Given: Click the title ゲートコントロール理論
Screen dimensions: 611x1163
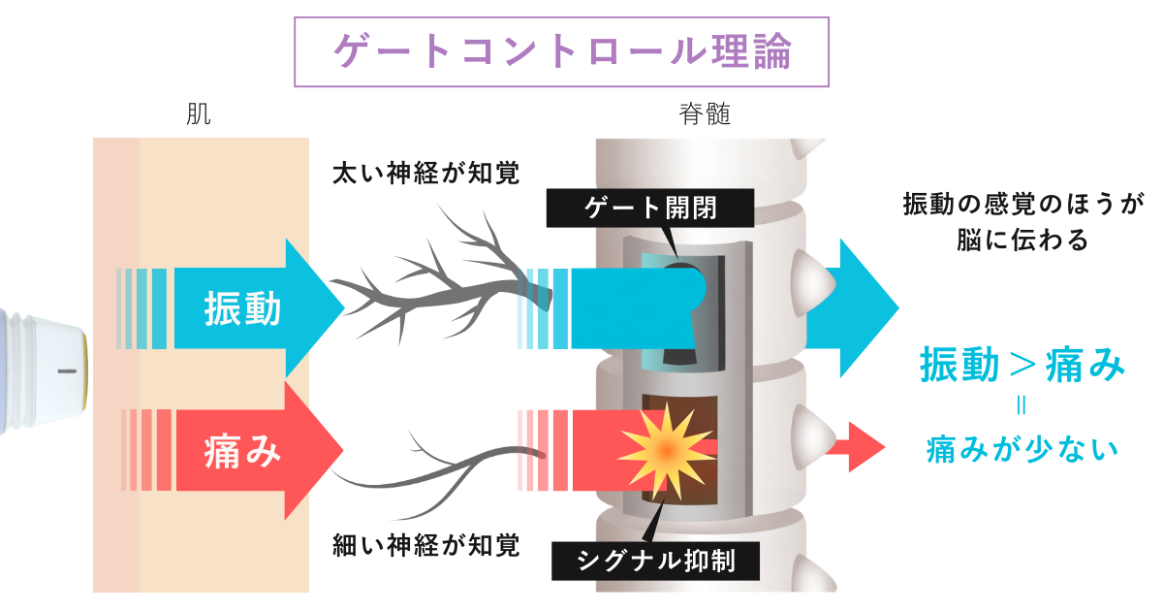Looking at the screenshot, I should (x=561, y=50).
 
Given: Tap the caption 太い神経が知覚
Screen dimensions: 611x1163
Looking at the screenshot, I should (x=425, y=174).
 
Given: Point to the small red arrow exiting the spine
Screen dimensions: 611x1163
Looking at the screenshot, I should (x=865, y=446).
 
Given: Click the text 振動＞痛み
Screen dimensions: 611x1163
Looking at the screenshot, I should (x=1022, y=368).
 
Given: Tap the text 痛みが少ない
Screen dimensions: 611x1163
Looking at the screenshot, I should (x=1022, y=448).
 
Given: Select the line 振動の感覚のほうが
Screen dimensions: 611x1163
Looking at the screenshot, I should (x=1022, y=205).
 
